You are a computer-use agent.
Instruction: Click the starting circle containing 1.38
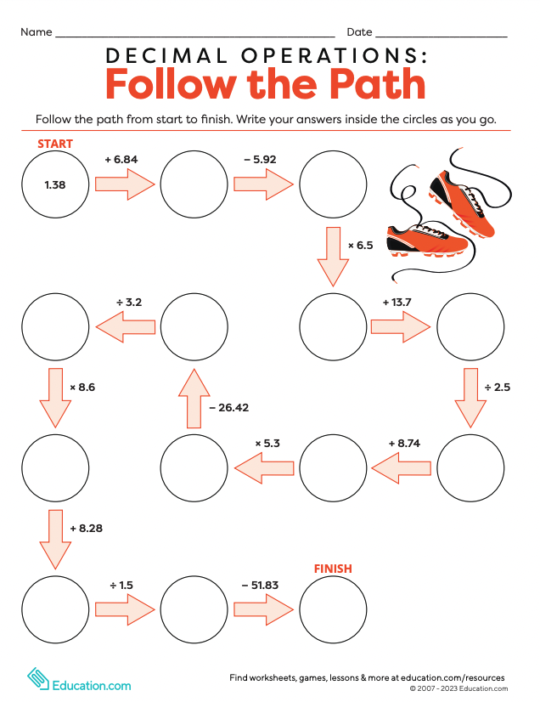(x=55, y=184)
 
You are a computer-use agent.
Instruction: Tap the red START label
(x=55, y=144)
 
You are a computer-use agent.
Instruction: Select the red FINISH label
(x=333, y=569)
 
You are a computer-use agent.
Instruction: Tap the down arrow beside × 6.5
(x=333, y=256)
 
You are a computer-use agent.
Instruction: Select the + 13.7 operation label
(x=397, y=302)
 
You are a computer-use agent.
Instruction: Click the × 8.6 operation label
(x=82, y=387)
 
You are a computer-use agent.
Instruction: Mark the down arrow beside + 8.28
(x=55, y=538)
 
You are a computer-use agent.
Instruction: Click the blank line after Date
(x=441, y=32)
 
